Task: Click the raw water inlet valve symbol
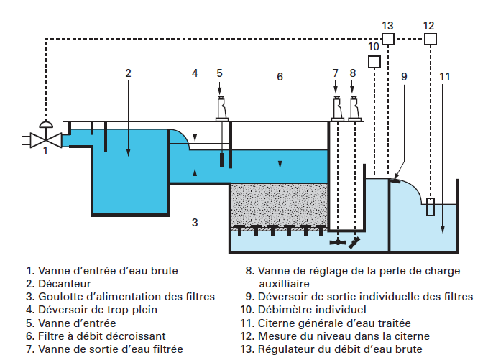point(45,139)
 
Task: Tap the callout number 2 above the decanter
point(128,73)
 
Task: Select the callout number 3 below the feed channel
point(195,222)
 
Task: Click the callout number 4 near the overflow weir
point(195,73)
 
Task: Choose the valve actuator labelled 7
point(336,108)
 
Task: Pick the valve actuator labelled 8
point(354,108)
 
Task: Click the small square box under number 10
point(374,62)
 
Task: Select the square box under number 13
point(388,39)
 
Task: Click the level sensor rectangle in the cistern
point(430,206)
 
